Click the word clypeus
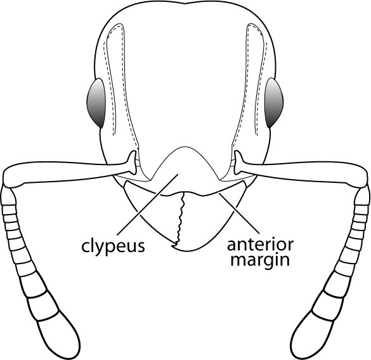pyautogui.click(x=113, y=246)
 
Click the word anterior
pyautogui.click(x=260, y=244)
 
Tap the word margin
pyautogui.click(x=260, y=261)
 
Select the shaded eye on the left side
pyautogui.click(x=96, y=103)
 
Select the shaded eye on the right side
pyautogui.click(x=274, y=103)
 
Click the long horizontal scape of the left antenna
pyautogui.click(x=66, y=172)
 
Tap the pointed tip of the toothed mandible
pyautogui.click(x=172, y=246)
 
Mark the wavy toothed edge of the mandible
pyautogui.click(x=180, y=218)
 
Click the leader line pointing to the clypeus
pyautogui.click(x=147, y=204)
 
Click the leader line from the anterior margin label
pyautogui.click(x=239, y=213)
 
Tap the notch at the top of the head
pyautogui.click(x=186, y=3)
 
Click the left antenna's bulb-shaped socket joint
pyautogui.click(x=133, y=163)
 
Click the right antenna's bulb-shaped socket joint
pyautogui.click(x=238, y=163)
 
